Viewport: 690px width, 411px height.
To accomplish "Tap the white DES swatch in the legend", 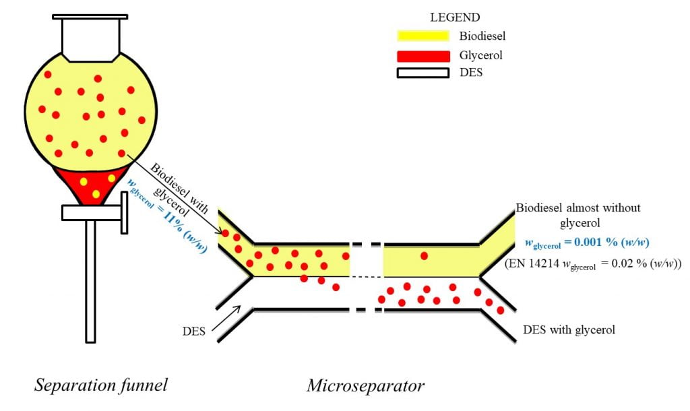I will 422,73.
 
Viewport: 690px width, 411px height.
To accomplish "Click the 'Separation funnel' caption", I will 101,385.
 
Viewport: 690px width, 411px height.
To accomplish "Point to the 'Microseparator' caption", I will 366,385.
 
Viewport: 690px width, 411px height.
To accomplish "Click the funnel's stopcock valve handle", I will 124,212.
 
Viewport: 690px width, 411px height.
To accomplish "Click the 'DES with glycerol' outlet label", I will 569,330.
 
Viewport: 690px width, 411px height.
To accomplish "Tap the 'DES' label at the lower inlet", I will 194,331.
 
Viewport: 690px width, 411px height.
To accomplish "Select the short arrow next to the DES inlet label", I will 226,319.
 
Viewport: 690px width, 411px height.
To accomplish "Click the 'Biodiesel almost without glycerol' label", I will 577,214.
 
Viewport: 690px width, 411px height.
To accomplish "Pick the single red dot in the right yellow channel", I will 424,255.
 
